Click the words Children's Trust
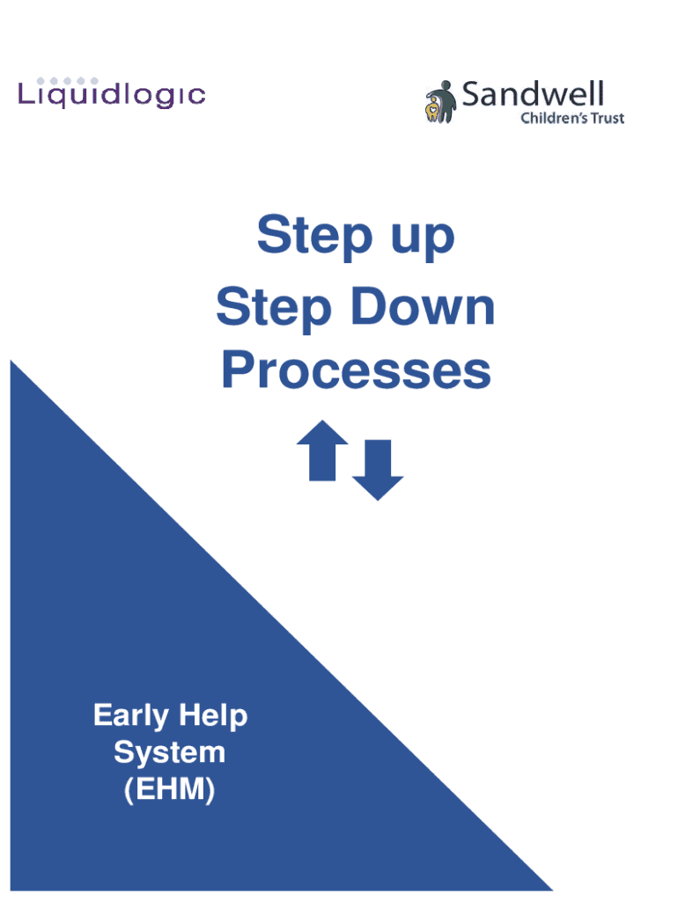point(572,118)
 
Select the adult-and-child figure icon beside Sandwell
point(440,102)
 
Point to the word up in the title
point(423,238)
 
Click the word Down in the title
point(423,306)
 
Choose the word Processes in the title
point(356,370)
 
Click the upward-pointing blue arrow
point(322,450)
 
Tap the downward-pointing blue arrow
point(378,470)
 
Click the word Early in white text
point(131,716)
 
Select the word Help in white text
point(213,716)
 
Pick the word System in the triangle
point(170,753)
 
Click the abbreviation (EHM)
point(170,789)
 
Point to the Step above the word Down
point(274,309)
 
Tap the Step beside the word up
point(315,236)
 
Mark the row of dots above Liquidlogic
point(67,81)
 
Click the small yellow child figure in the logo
point(431,109)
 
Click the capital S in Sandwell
point(472,94)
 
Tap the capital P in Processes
point(238,370)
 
